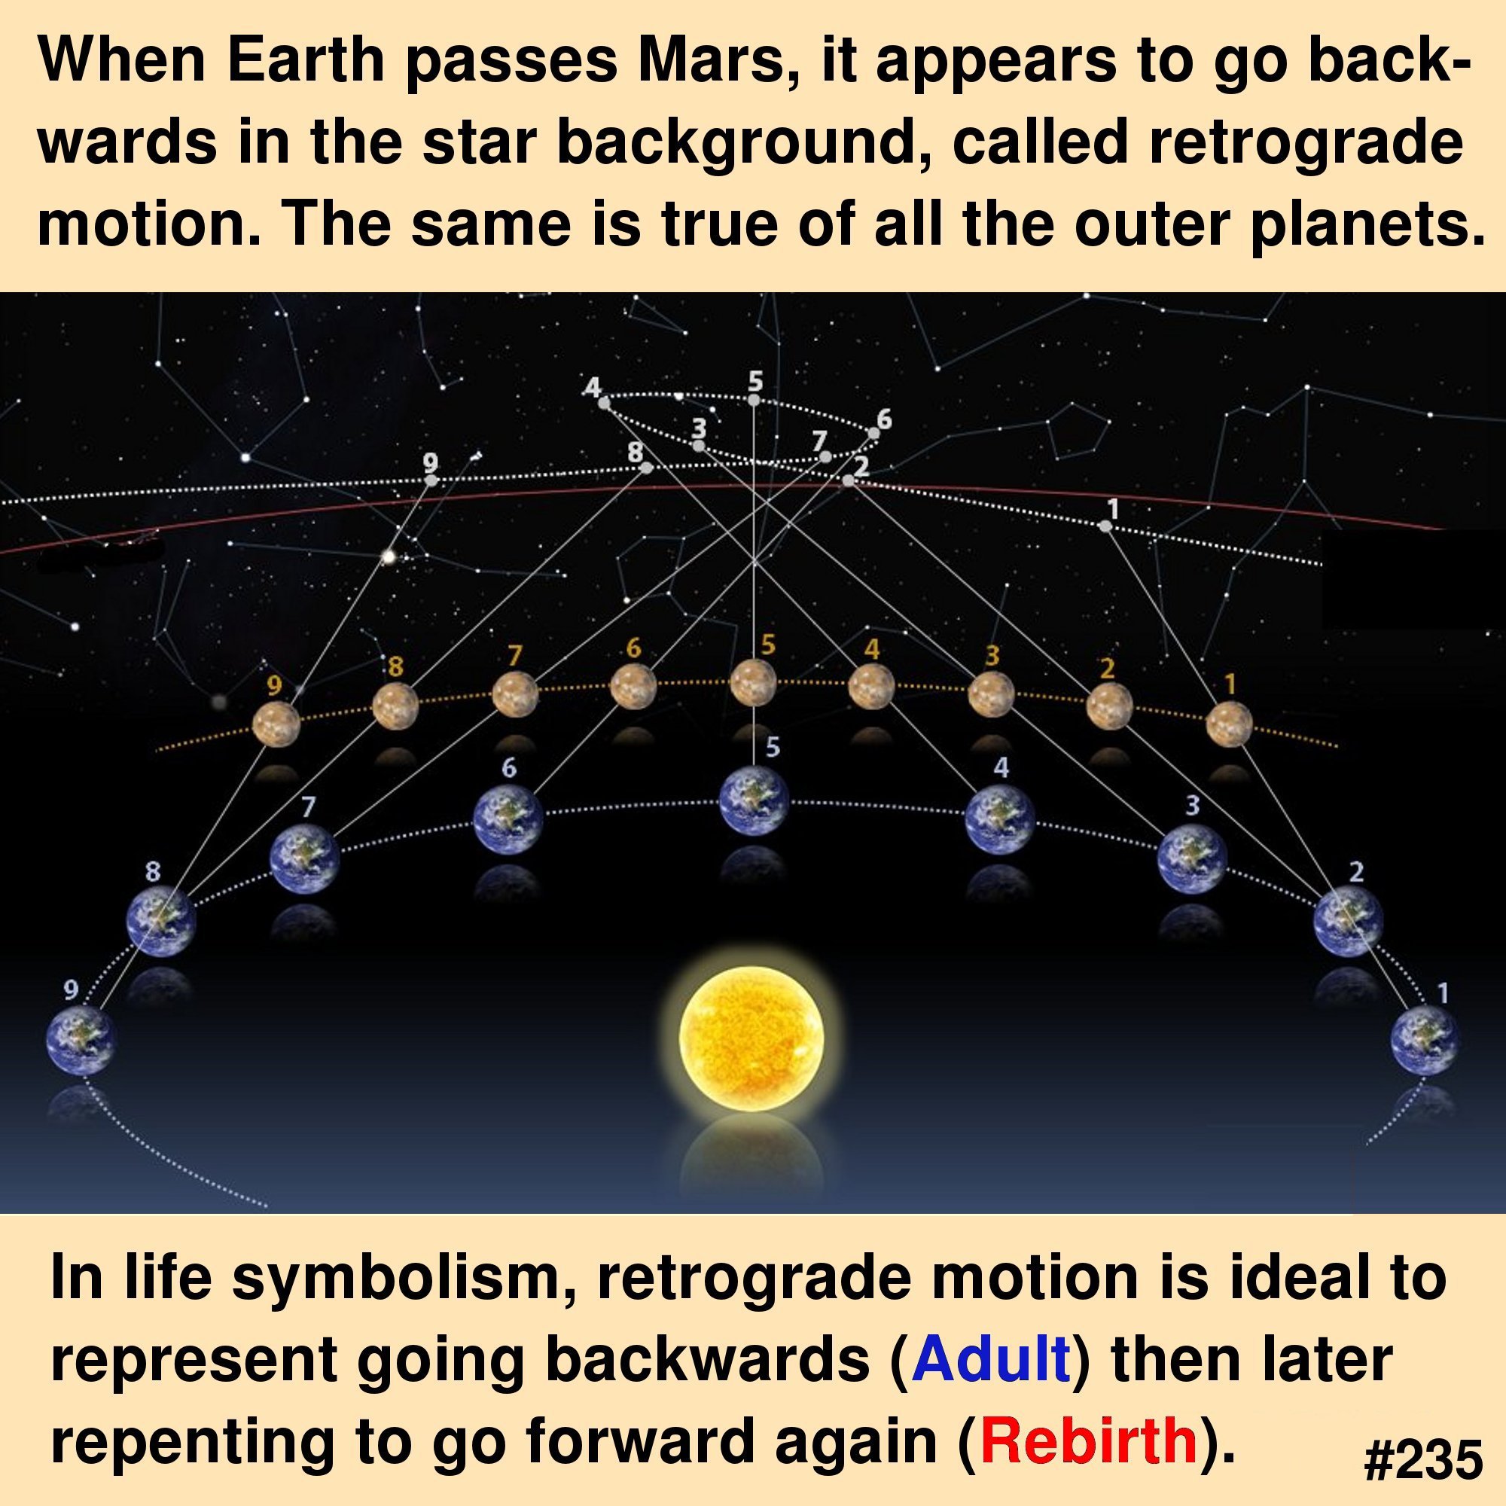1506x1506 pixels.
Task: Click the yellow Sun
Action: pos(751,1038)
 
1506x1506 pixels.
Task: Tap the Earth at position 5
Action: pos(753,801)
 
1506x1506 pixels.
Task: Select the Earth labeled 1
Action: pos(1425,1040)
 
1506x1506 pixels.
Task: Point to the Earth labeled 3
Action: pos(1192,858)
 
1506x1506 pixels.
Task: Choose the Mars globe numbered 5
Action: pos(753,683)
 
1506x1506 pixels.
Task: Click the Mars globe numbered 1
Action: pos(1230,724)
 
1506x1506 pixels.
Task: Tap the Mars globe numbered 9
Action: pos(276,724)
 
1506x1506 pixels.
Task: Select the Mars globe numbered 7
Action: pos(515,694)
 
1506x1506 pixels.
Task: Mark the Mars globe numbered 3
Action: pos(992,694)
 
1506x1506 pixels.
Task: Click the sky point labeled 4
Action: pos(604,402)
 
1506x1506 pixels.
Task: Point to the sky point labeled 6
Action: pos(873,434)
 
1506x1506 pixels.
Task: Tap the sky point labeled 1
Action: pos(1105,526)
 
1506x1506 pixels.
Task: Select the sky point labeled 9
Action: pos(431,480)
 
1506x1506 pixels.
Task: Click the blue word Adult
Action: pos(990,1358)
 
